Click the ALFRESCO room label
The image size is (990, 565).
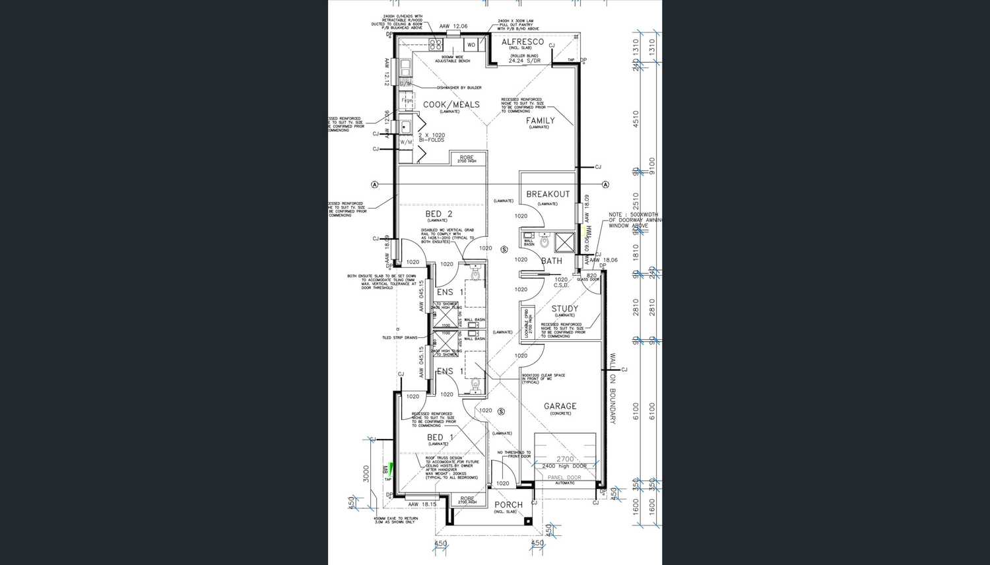523,42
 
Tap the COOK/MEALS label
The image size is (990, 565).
451,104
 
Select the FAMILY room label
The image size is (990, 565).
540,121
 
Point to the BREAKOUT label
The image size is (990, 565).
547,194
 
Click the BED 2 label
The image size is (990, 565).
439,215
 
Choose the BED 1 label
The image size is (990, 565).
440,438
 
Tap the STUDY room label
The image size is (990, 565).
565,308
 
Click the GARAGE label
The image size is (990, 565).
560,407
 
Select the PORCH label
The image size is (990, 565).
508,505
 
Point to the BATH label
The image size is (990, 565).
552,261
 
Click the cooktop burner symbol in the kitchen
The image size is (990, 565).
436,44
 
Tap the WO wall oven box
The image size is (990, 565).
471,45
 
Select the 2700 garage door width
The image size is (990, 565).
565,459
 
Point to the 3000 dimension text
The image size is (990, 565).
366,473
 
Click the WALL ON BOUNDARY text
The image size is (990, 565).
612,389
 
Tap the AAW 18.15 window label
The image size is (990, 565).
422,504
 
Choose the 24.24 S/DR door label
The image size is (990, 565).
525,61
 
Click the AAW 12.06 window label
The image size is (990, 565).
453,26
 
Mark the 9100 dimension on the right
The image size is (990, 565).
652,162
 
